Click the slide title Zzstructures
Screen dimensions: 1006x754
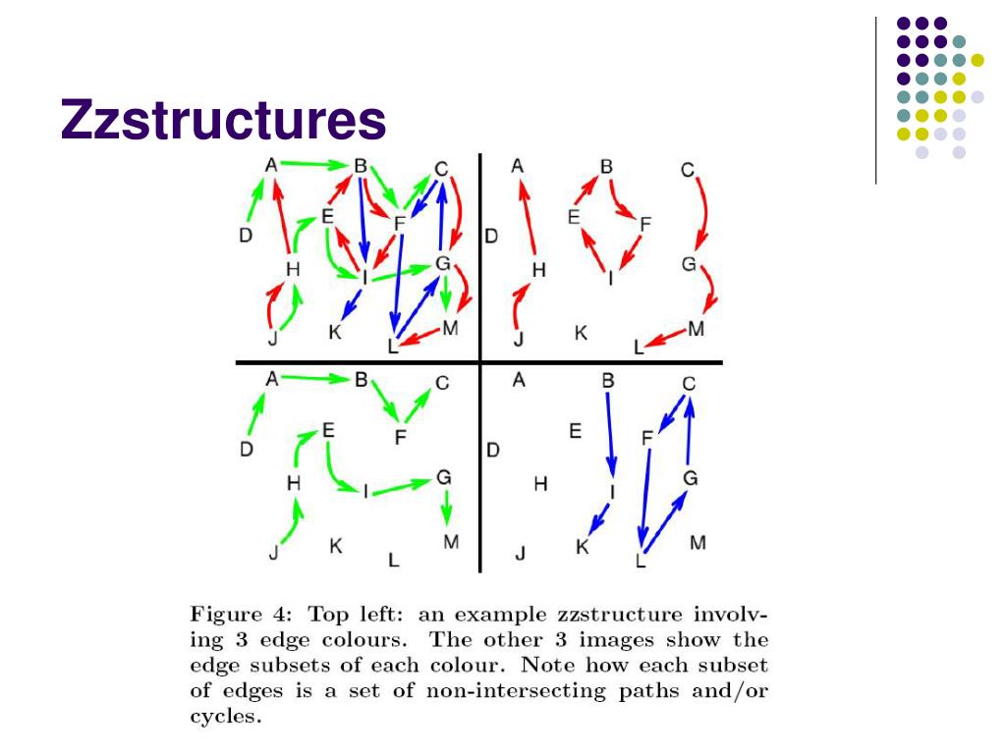[x=223, y=121]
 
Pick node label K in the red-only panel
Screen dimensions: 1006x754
[x=581, y=334]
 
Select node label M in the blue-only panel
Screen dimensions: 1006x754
[x=698, y=542]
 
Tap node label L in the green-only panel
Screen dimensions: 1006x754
[x=394, y=561]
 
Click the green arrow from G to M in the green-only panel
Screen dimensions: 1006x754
[x=447, y=508]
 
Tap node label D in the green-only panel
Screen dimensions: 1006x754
[x=246, y=450]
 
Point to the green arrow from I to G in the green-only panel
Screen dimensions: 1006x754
[x=403, y=485]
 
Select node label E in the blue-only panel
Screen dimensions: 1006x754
[x=576, y=430]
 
